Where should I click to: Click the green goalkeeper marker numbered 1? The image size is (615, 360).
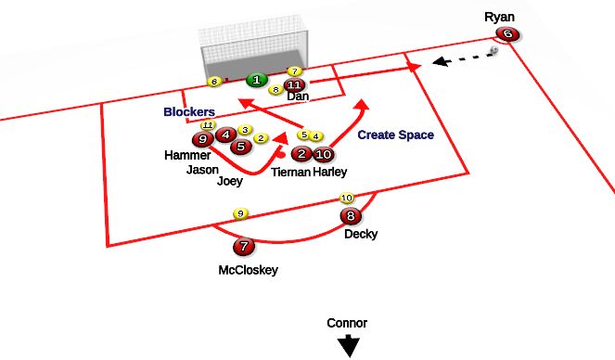coord(255,81)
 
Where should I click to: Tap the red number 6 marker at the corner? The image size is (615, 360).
coord(506,34)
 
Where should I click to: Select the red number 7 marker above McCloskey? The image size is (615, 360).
coord(243,247)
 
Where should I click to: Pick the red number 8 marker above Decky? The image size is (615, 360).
coord(350,217)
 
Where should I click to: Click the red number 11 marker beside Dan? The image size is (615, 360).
coord(295,85)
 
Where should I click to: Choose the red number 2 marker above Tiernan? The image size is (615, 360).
coord(301,154)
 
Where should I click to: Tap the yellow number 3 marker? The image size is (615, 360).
coord(245,131)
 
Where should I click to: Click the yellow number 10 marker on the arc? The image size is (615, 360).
coord(347,198)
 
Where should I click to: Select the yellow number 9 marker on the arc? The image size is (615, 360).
coord(240,213)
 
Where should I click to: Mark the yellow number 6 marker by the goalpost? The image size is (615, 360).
coord(214,82)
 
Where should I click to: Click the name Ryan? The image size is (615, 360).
coord(498,17)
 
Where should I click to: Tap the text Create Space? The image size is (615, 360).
coord(395,135)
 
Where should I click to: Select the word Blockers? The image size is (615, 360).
coord(189,112)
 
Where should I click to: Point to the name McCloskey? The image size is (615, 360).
coord(249,271)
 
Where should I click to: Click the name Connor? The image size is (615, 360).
coord(347,323)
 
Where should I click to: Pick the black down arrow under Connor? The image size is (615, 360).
coord(348,345)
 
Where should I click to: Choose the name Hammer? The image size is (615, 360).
coord(188,156)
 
